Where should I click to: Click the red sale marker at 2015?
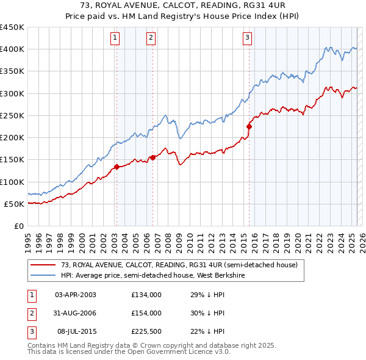(249, 126)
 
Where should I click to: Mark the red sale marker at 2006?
(152, 157)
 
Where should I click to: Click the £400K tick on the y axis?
(12, 49)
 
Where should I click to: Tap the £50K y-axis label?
(15, 204)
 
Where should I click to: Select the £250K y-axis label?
(12, 115)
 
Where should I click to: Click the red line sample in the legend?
(43, 265)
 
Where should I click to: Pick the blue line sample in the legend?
(43, 275)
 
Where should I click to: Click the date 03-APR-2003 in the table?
(76, 295)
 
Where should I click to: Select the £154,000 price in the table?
(146, 313)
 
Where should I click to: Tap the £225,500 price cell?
(146, 331)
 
